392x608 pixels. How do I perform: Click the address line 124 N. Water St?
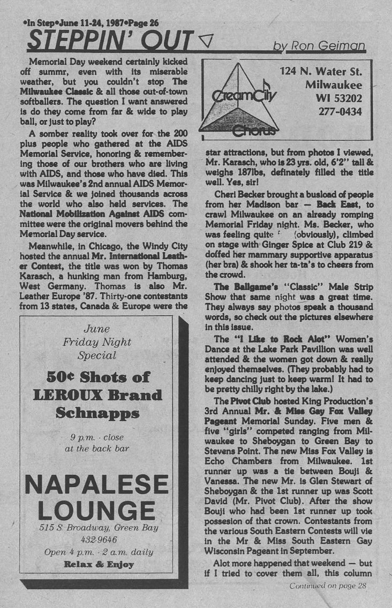pos(321,71)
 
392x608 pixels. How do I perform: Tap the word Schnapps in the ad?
pos(97,413)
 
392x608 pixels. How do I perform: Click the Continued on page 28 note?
pos(327,586)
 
